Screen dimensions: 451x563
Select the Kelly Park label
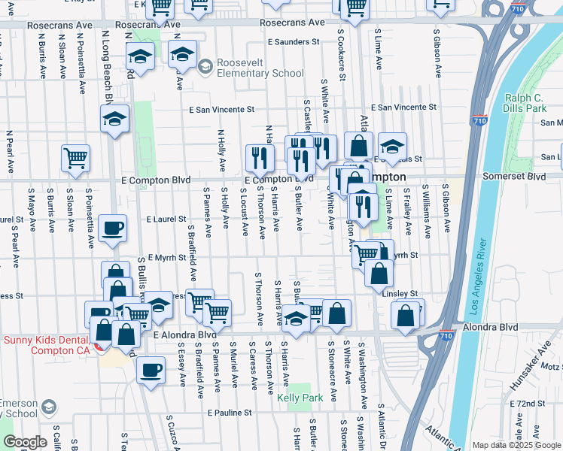pos(300,398)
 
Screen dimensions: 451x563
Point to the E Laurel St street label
pos(166,219)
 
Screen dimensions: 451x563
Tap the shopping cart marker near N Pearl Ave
pos(76,158)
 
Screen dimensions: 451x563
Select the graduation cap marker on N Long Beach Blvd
pos(114,119)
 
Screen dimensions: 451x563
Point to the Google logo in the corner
pos(24,442)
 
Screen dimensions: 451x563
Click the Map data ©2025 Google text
pos(516,445)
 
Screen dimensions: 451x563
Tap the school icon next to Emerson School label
pos(48,407)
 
